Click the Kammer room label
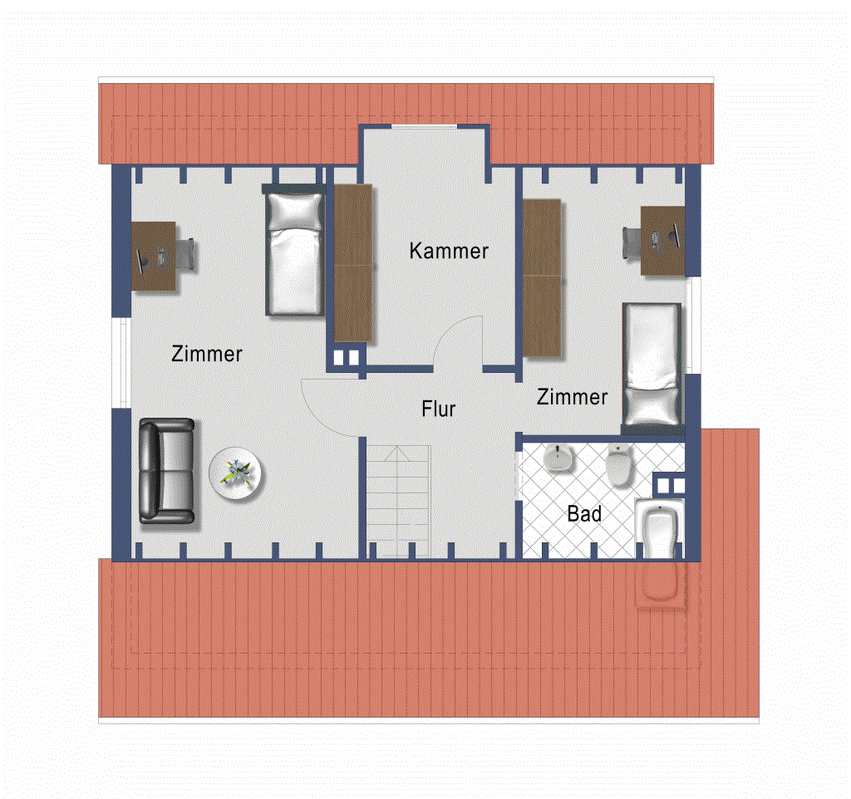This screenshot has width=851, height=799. click(x=449, y=251)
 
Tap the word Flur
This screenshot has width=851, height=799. click(x=439, y=409)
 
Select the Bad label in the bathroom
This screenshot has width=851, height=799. click(x=584, y=513)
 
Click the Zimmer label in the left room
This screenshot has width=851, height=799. click(x=207, y=354)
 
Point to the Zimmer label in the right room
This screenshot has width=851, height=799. click(x=572, y=397)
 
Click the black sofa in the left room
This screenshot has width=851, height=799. click(x=166, y=472)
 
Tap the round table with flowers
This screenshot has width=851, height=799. click(x=235, y=473)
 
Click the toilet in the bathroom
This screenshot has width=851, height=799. click(x=618, y=465)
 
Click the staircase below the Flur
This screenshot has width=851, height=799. click(x=399, y=501)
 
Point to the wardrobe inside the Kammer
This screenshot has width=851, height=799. click(x=352, y=263)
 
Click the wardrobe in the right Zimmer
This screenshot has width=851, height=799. click(x=542, y=277)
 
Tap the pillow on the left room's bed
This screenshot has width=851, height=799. click(x=294, y=212)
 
